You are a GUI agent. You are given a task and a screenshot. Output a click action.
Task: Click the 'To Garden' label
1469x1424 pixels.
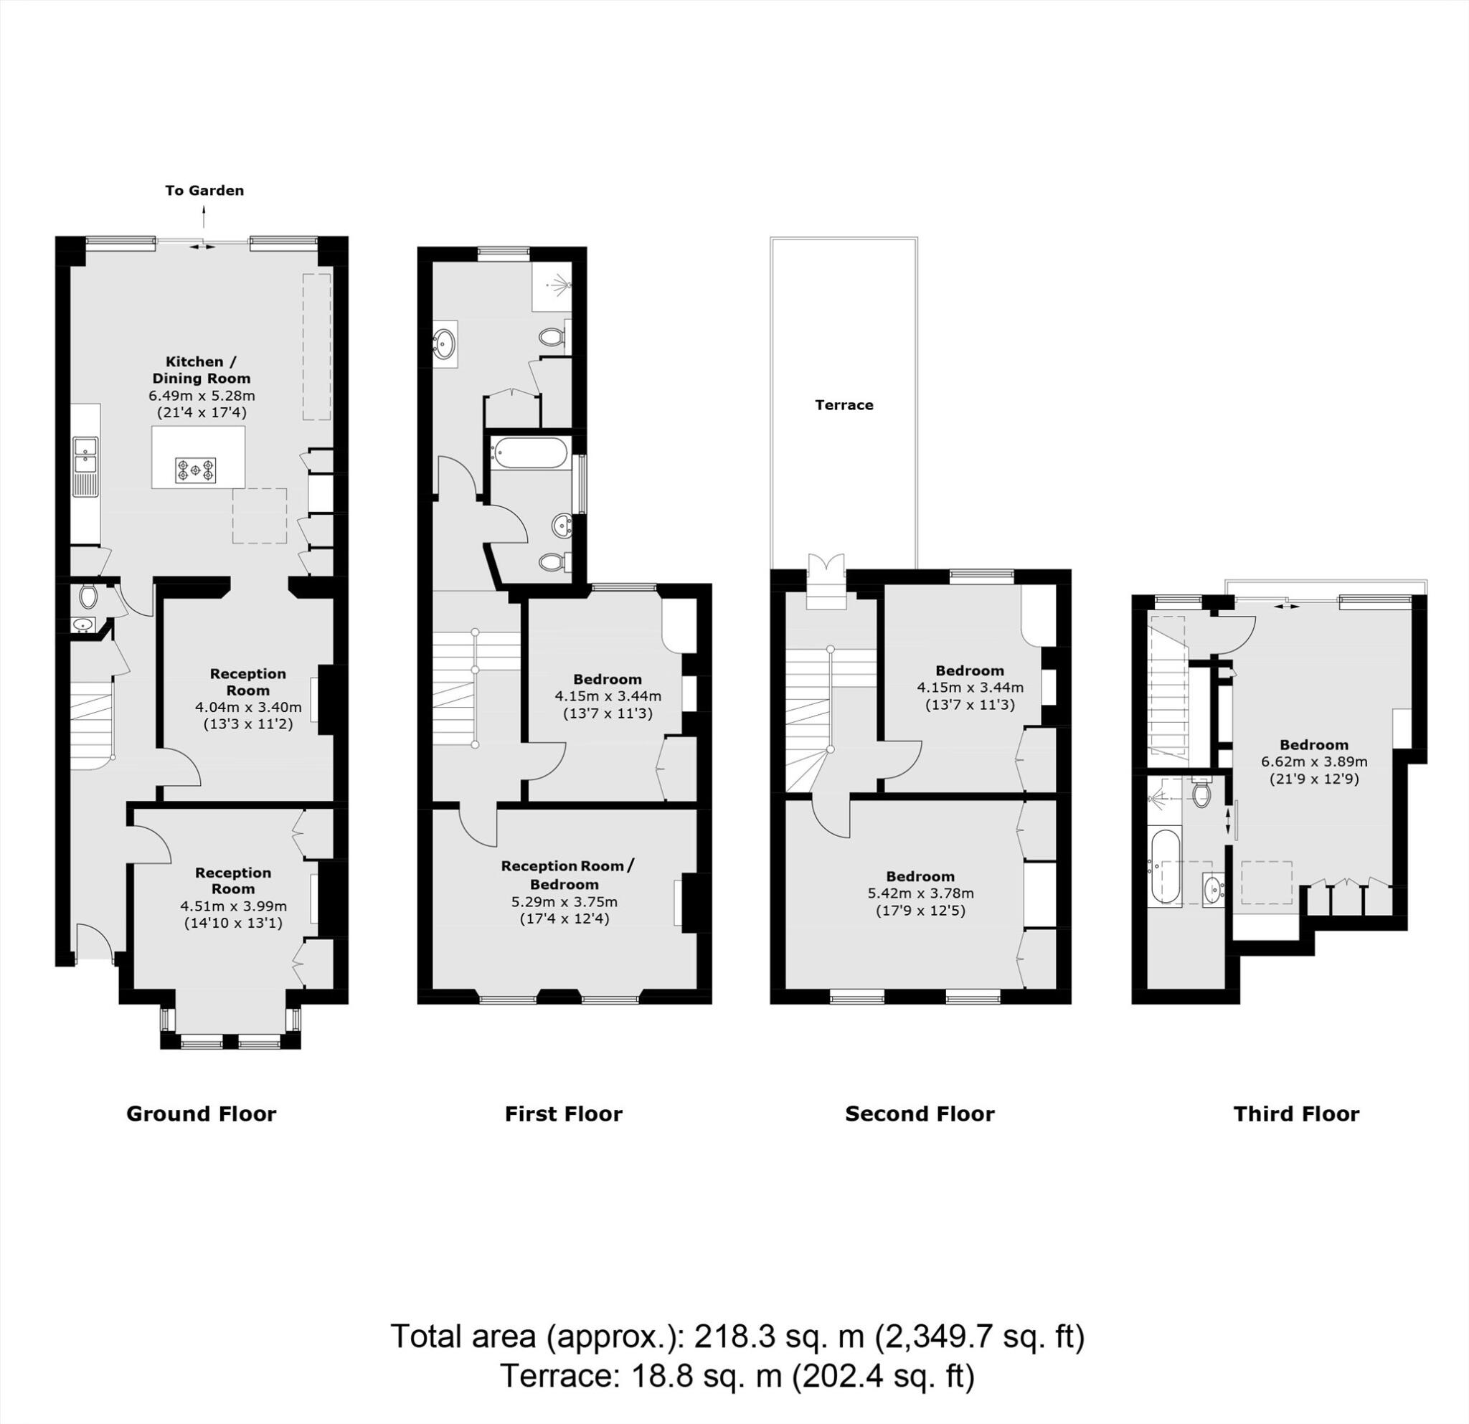[x=204, y=190]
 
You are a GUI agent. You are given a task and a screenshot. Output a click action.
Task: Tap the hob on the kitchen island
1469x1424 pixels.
[x=196, y=470]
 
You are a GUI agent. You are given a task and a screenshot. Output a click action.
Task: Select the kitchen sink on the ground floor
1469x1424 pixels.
[x=85, y=457]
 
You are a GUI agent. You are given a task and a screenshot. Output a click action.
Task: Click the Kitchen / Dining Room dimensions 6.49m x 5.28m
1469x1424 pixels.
[x=202, y=396]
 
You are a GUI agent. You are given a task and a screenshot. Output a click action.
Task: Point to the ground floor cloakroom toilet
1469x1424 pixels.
[x=88, y=597]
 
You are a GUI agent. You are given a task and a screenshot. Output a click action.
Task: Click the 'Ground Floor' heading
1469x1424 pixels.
[x=201, y=1114]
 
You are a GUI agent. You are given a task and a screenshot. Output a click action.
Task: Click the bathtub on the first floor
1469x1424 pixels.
[x=529, y=453]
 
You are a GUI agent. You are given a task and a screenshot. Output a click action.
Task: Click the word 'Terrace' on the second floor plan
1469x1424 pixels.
[x=844, y=405]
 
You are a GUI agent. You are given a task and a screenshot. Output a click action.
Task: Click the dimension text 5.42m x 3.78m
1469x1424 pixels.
[x=920, y=893]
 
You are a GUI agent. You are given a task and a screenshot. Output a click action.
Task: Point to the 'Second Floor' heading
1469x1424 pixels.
[x=920, y=1114]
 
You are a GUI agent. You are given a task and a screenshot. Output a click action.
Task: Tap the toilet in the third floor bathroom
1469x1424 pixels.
[x=1201, y=794]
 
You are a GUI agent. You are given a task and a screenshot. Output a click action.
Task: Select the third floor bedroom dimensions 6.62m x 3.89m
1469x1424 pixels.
[x=1314, y=761]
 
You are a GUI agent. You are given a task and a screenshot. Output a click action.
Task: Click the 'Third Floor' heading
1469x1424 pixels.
[x=1296, y=1114]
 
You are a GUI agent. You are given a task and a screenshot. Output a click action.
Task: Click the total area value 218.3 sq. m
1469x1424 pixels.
[x=780, y=1337]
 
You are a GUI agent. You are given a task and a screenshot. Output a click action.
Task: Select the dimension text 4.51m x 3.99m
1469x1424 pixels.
[x=233, y=906]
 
